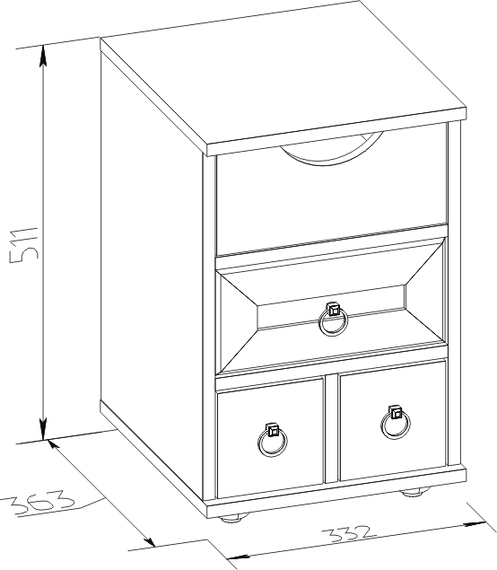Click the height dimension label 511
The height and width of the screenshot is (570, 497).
coord(24,245)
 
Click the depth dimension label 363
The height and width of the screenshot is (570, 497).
coord(39,503)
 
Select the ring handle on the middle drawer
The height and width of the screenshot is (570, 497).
coord(333,319)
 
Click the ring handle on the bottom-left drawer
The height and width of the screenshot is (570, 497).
coord(273,440)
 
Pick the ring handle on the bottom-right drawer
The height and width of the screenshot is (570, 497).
coord(396,422)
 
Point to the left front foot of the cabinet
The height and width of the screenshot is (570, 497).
coord(234,517)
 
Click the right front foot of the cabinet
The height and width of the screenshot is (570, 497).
coord(414,493)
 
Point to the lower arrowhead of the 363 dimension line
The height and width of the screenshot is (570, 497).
coord(149,539)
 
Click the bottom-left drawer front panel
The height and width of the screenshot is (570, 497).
coord(270,437)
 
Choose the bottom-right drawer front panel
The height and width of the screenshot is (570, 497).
coord(392,420)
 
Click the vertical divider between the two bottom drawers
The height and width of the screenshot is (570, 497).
coord(331,428)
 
